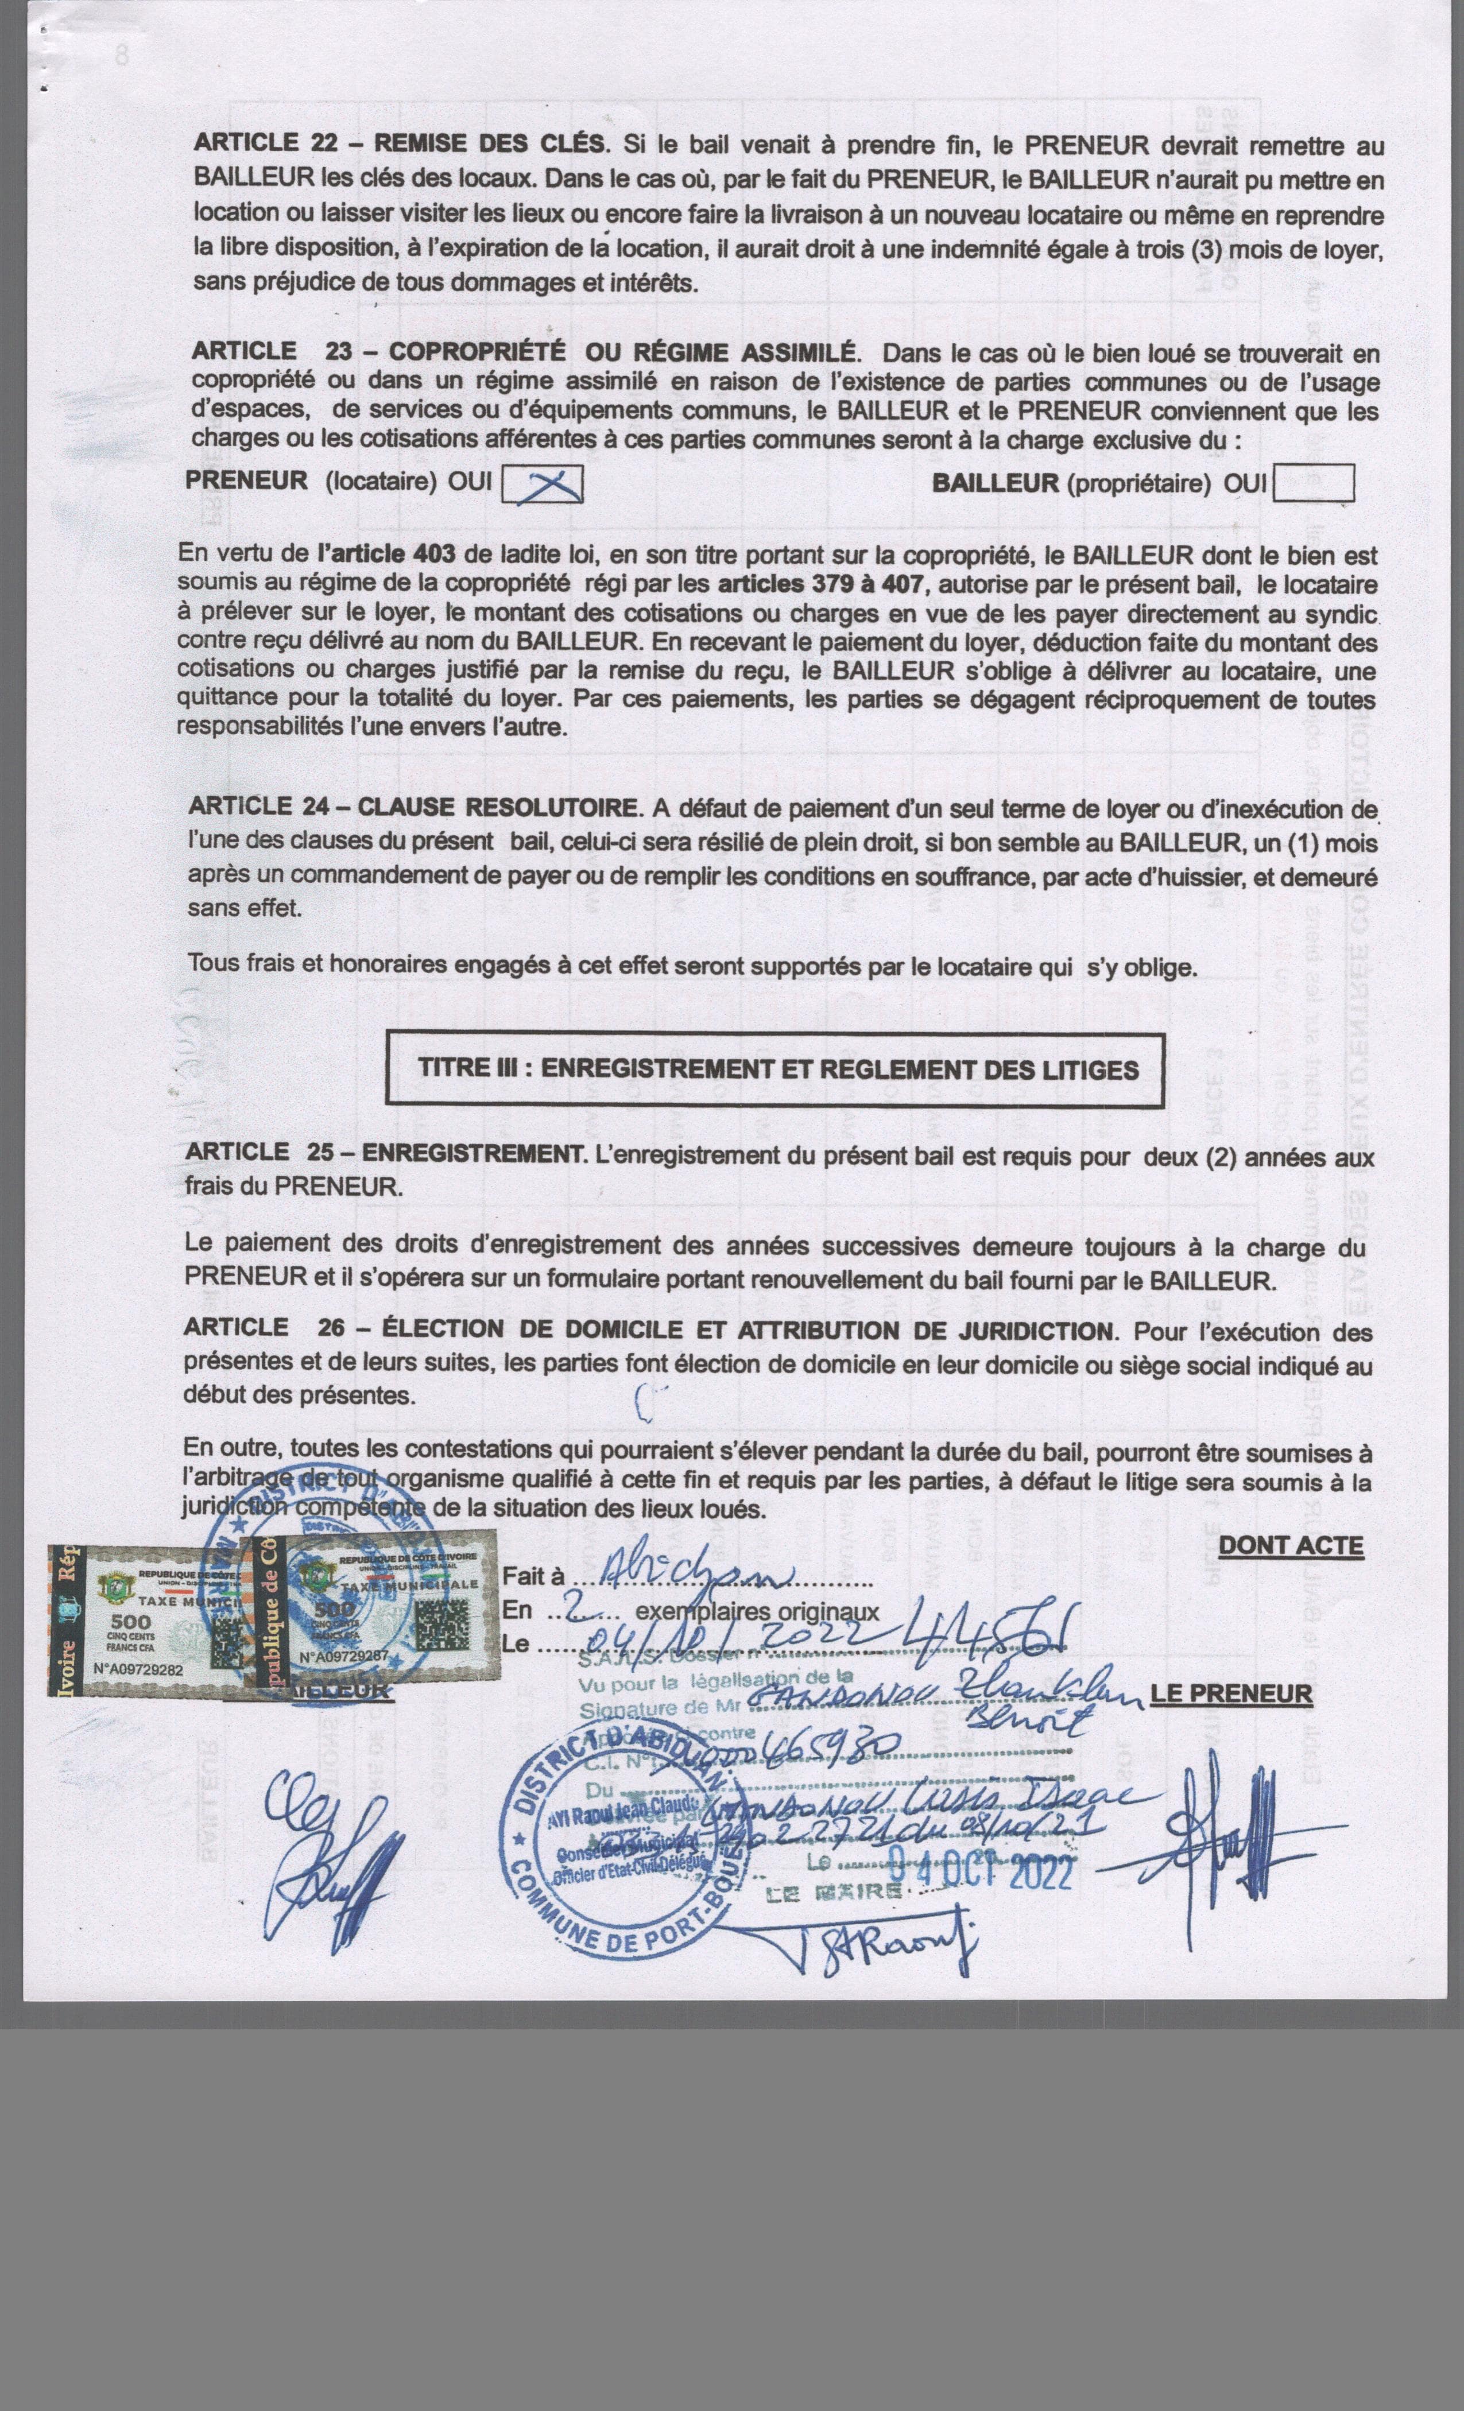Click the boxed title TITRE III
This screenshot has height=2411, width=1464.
[777, 1068]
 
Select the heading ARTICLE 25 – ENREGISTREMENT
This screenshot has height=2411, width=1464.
[382, 1154]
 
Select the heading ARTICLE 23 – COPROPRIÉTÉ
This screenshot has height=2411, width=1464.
[525, 350]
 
